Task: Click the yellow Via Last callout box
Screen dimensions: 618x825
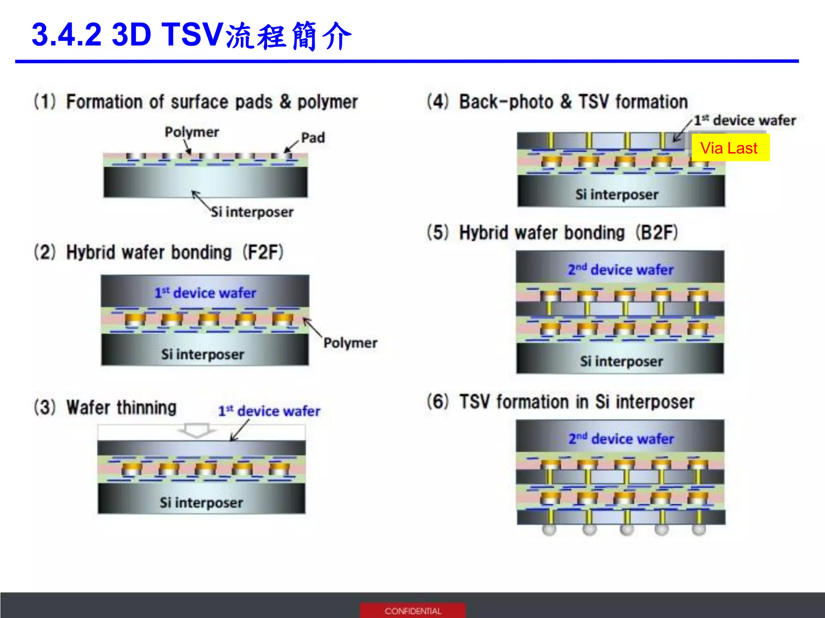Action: click(730, 148)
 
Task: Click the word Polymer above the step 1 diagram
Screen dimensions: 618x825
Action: click(192, 132)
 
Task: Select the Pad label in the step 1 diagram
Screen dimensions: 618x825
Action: click(313, 138)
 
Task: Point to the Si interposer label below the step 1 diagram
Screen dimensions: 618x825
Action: click(252, 212)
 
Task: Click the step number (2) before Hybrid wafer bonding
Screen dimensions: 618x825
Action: click(45, 252)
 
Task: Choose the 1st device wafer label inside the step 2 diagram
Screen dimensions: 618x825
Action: click(205, 293)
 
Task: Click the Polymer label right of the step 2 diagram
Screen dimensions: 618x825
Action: click(350, 343)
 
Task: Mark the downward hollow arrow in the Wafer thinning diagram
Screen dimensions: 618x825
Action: click(197, 430)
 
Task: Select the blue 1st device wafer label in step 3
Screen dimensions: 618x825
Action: click(269, 411)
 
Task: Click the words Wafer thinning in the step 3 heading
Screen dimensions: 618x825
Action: click(122, 408)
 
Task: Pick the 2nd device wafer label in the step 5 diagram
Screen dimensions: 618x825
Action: click(620, 270)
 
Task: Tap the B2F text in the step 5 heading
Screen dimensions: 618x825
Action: click(657, 233)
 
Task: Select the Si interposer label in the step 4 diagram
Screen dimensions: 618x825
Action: click(617, 195)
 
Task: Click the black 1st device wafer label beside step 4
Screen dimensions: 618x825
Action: click(744, 120)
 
